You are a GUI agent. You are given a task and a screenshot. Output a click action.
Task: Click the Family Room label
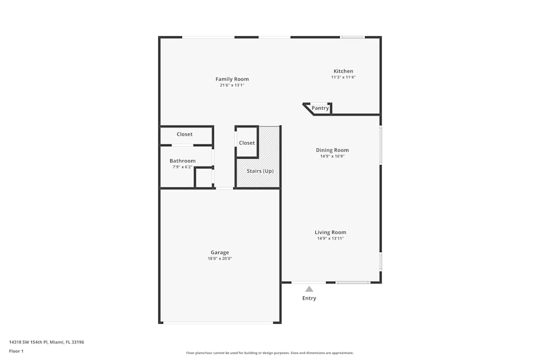click(232, 79)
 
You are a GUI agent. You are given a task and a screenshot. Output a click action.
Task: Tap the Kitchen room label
click(343, 71)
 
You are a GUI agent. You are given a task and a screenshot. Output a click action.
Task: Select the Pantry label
click(320, 108)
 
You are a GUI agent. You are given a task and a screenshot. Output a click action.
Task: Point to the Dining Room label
click(332, 150)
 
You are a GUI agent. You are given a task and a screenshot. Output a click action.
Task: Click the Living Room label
click(330, 233)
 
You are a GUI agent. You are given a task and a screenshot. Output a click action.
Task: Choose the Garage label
click(220, 253)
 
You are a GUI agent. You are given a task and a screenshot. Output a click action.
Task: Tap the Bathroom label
click(183, 161)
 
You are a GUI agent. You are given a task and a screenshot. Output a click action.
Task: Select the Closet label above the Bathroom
click(185, 134)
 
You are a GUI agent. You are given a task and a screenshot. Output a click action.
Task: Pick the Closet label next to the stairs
click(247, 143)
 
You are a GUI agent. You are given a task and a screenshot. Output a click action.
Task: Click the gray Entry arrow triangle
click(309, 289)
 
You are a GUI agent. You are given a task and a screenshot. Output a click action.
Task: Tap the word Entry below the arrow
click(309, 298)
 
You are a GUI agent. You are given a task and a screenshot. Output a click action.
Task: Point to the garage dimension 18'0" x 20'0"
click(220, 259)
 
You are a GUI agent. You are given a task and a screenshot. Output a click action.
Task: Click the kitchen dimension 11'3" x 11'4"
click(343, 77)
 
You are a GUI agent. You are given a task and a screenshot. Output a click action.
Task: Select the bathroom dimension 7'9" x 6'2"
click(183, 167)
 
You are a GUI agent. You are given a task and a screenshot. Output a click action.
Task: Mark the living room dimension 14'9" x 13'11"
click(330, 239)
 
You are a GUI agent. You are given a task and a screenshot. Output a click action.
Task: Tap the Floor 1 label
click(16, 351)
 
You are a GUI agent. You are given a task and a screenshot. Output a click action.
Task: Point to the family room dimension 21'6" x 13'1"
click(232, 85)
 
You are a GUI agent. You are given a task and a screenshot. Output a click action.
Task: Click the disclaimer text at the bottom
click(270, 353)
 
